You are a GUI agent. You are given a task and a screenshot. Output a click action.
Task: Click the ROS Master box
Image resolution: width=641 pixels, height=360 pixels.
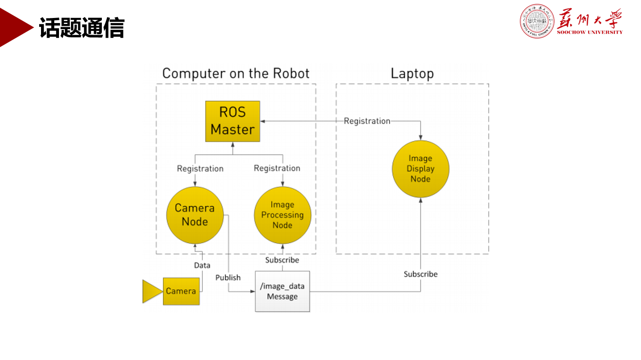(x=233, y=121)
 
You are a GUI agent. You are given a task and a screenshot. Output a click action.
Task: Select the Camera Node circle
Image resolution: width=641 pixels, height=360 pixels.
(x=194, y=215)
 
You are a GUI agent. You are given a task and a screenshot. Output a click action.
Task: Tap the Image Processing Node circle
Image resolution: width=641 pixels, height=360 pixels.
(x=282, y=215)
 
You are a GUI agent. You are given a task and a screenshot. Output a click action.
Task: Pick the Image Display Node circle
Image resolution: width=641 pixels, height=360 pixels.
(x=420, y=169)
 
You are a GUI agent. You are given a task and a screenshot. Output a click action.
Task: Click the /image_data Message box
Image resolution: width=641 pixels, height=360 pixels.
(x=282, y=291)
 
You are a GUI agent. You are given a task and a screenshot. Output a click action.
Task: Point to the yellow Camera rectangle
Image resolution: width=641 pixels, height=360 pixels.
(x=181, y=291)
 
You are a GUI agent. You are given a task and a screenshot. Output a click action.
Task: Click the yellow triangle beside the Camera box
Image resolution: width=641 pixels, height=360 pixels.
(x=151, y=291)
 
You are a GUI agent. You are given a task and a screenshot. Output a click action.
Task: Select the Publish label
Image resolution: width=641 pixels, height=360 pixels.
(x=228, y=277)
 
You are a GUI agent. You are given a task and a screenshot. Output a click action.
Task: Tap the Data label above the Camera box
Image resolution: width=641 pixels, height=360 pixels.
(x=202, y=265)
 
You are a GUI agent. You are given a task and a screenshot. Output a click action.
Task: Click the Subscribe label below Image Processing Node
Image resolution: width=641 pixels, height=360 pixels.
(x=282, y=260)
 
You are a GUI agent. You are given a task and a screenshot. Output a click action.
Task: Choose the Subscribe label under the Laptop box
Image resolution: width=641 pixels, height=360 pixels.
(x=421, y=274)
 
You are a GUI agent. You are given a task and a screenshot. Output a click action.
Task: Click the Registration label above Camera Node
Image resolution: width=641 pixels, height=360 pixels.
(x=200, y=169)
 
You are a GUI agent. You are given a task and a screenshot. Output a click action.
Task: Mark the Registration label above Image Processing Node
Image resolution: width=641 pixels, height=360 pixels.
(x=277, y=168)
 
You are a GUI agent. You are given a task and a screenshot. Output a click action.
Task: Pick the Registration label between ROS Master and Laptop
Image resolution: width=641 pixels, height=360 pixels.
(x=367, y=121)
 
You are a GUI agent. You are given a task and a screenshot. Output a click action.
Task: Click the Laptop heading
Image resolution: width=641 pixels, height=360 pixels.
(x=412, y=74)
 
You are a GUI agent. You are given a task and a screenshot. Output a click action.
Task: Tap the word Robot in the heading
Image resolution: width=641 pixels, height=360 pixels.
(x=291, y=74)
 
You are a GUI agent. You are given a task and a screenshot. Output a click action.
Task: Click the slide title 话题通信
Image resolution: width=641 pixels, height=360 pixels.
(x=82, y=28)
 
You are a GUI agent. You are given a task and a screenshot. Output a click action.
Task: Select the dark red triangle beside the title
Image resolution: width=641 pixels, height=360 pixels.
(x=14, y=28)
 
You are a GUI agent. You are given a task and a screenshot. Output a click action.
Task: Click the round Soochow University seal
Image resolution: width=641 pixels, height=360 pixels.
(x=537, y=21)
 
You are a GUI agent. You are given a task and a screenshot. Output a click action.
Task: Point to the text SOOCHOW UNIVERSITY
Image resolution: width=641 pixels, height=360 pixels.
(x=589, y=32)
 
